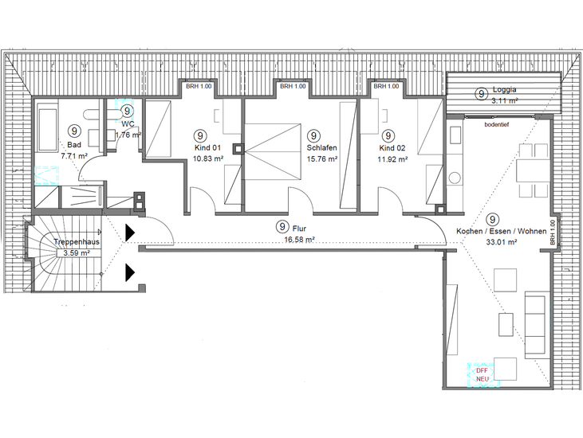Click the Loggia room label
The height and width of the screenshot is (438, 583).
505,91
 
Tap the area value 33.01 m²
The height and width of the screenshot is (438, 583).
502,242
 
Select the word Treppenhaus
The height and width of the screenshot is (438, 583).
77,242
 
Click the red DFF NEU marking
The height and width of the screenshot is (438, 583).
482,374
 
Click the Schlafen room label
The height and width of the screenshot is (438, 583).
319,148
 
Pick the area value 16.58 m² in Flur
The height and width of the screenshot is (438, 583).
299,239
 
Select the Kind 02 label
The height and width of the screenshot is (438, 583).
392,148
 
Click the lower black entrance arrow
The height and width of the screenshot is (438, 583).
129,273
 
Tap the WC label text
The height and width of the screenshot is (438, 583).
128,124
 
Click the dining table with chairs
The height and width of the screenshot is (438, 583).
526,171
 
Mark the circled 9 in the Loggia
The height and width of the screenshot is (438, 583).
481,94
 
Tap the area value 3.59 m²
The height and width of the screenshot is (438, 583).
77,253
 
